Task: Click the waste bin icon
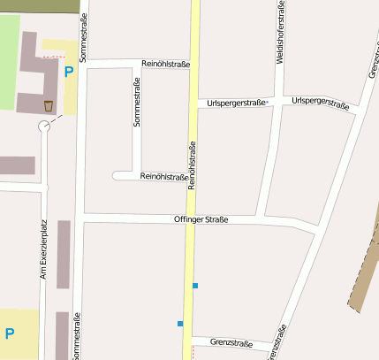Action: pyautogui.click(x=48, y=106)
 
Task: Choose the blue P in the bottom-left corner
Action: pyautogui.click(x=10, y=333)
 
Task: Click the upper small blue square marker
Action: pyautogui.click(x=195, y=285)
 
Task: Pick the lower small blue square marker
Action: pyautogui.click(x=179, y=324)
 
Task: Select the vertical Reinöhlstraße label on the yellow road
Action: pyautogui.click(x=192, y=165)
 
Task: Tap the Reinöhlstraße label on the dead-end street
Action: pyautogui.click(x=164, y=176)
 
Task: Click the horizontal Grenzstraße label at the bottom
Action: pyautogui.click(x=232, y=343)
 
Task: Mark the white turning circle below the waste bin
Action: pyautogui.click(x=44, y=127)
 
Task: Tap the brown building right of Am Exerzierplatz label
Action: pyautogui.click(x=64, y=254)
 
